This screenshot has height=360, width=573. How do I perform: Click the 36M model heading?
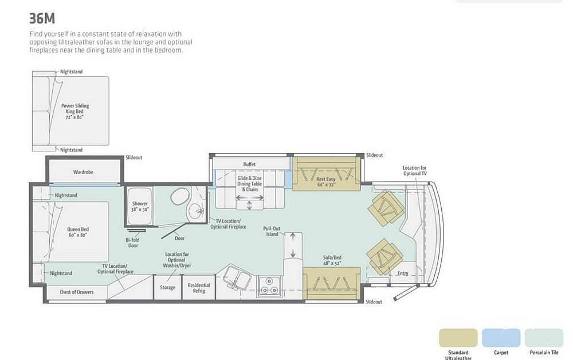(x=42, y=18)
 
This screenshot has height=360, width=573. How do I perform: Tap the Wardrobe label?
(x=83, y=172)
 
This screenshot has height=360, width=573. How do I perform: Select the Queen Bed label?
(x=78, y=232)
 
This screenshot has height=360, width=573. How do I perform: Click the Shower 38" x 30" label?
(x=140, y=206)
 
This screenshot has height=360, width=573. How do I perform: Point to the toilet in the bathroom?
(x=179, y=196)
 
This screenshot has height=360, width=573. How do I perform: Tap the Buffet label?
(x=250, y=165)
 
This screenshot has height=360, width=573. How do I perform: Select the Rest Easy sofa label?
(x=325, y=182)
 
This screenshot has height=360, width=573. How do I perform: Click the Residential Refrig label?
(x=199, y=288)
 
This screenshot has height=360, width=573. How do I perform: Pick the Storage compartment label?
(x=167, y=288)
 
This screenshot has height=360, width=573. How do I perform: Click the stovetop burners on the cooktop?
(x=269, y=286)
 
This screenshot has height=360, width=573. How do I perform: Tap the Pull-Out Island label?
(x=272, y=232)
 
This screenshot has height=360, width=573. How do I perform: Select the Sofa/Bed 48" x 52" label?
(x=332, y=260)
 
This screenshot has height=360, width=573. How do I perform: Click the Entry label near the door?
(x=403, y=273)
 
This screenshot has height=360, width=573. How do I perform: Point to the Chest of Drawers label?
(x=77, y=292)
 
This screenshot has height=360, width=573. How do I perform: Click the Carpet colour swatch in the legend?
(x=501, y=338)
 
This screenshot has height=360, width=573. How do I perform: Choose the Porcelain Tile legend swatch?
(x=544, y=338)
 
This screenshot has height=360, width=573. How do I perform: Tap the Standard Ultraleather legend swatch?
(x=458, y=338)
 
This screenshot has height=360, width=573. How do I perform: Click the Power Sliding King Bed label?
(x=75, y=111)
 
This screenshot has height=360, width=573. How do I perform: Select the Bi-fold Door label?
(x=133, y=242)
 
